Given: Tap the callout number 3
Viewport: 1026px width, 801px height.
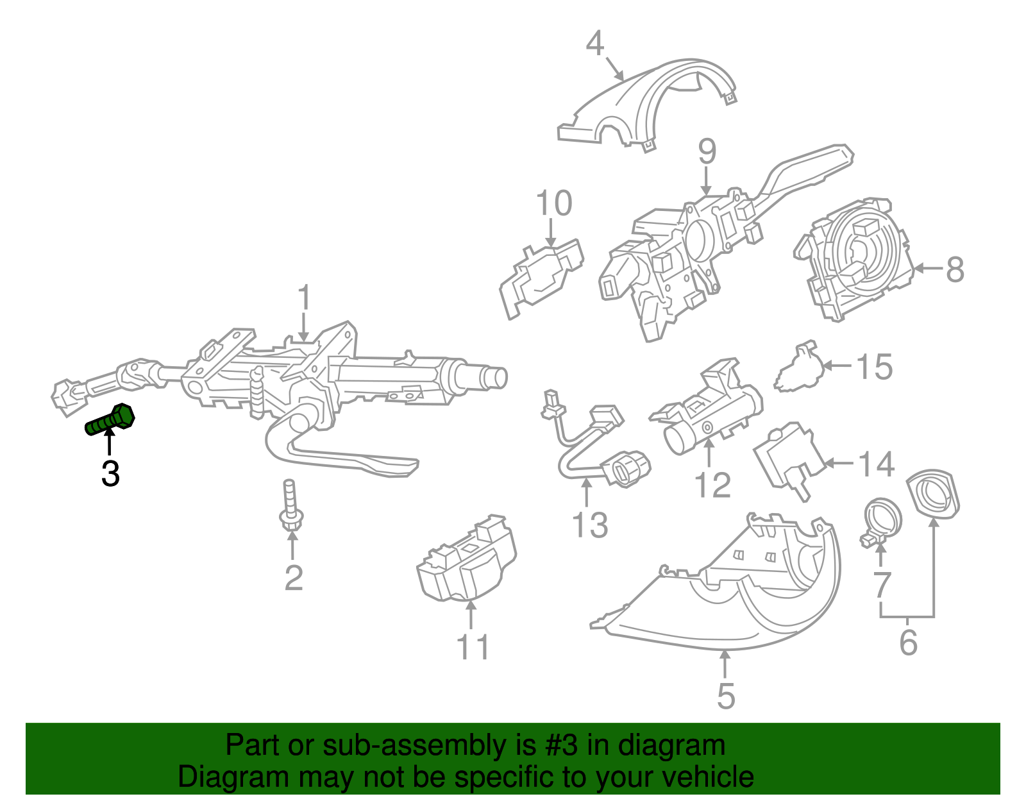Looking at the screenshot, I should coord(110,474).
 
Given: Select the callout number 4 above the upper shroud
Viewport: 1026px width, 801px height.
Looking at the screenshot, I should coord(595,44).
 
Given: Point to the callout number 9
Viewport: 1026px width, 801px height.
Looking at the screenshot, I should coord(707,152).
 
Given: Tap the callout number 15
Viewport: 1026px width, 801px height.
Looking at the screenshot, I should coord(875,367).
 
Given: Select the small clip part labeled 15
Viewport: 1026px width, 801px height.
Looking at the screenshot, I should coord(798,369).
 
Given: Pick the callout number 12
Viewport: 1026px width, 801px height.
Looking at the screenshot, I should coord(712,485).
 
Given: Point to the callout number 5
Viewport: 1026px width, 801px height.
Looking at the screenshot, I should coord(725,696).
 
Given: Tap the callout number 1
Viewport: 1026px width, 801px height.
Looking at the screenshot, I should coord(304,299).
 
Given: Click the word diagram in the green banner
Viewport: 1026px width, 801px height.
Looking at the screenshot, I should coord(671,745).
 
